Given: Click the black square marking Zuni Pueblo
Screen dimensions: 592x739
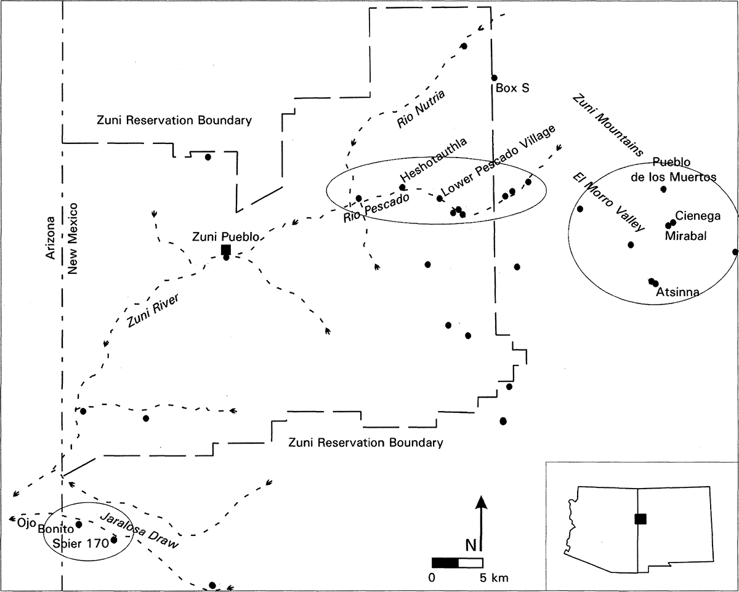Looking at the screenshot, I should coord(226,249).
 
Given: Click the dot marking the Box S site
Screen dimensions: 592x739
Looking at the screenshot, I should coord(494,78).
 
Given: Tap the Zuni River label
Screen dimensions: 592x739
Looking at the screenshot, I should coord(148,311).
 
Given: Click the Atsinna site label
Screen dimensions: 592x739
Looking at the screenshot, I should coord(677,293).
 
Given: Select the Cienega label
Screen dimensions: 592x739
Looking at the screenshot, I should coord(698,215).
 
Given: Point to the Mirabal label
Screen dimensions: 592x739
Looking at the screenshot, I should coord(685,236).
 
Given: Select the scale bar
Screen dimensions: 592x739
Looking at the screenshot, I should coord(457,562).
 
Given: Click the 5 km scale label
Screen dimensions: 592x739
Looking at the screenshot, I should coord(494,577).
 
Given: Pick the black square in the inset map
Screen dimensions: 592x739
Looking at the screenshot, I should coord(640,518).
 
